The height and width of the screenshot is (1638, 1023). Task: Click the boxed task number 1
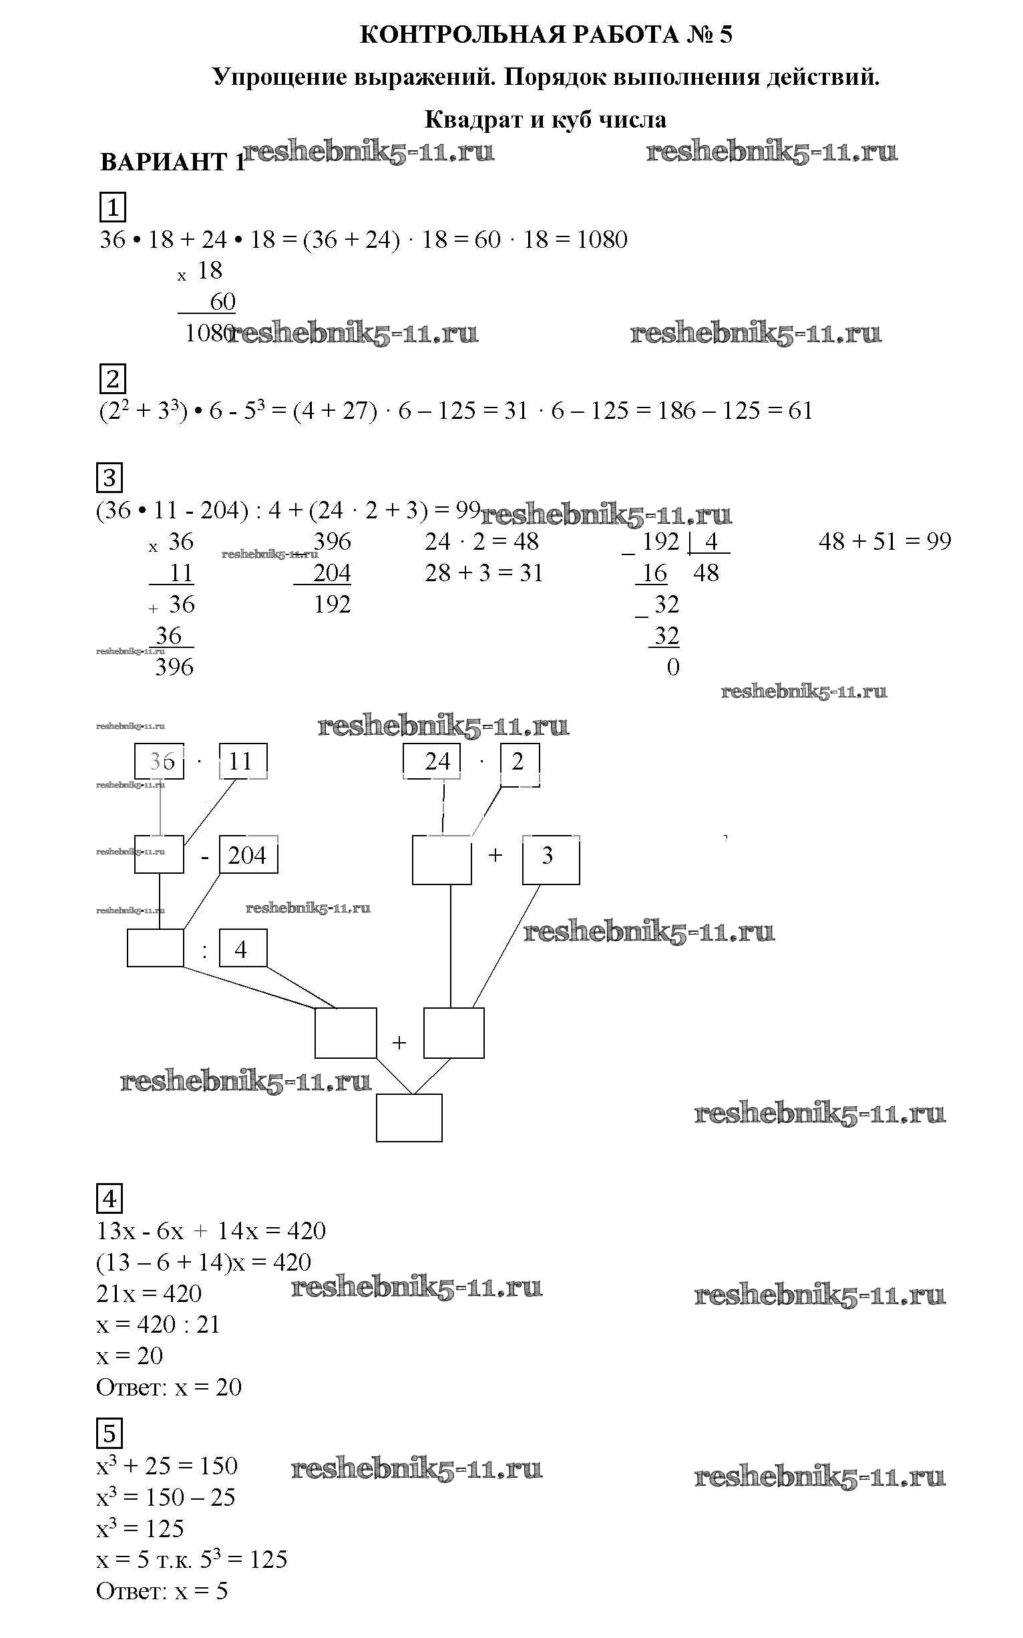pyautogui.click(x=112, y=207)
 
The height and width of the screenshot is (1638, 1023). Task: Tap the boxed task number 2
pyautogui.click(x=112, y=379)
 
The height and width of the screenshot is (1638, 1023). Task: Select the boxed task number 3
pyautogui.click(x=110, y=478)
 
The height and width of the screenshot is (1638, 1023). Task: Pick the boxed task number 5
pyautogui.click(x=110, y=1433)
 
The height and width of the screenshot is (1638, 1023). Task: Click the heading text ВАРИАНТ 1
pyautogui.click(x=172, y=162)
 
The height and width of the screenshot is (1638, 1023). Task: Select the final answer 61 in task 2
pyautogui.click(x=801, y=411)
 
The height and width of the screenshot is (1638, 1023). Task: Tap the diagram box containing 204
pyautogui.click(x=248, y=856)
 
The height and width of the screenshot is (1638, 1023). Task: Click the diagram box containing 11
pyautogui.click(x=242, y=762)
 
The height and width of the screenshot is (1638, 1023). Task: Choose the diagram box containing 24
pyautogui.click(x=431, y=762)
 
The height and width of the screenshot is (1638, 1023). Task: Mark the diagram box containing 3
pyautogui.click(x=550, y=860)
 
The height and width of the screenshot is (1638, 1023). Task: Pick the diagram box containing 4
pyautogui.click(x=242, y=949)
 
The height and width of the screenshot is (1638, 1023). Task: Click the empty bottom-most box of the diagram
pyautogui.click(x=409, y=1118)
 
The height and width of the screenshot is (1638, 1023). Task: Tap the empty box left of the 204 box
pyautogui.click(x=159, y=855)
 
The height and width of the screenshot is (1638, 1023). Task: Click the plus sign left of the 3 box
pyautogui.click(x=495, y=856)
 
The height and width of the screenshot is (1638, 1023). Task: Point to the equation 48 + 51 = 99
pyautogui.click(x=884, y=542)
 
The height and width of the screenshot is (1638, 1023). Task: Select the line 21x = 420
pyautogui.click(x=149, y=1293)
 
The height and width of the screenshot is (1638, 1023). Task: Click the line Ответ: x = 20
pyautogui.click(x=169, y=1387)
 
